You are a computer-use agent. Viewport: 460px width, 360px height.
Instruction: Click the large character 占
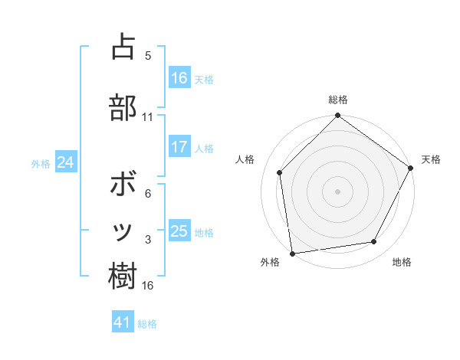click(x=123, y=47)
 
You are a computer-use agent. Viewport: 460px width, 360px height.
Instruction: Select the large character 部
click(x=123, y=107)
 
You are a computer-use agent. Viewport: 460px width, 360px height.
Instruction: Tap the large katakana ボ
click(x=123, y=185)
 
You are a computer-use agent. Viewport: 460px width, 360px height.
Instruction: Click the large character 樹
click(x=123, y=276)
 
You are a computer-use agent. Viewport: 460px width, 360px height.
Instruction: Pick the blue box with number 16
click(x=179, y=78)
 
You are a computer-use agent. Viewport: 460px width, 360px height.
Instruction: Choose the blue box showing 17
click(x=179, y=147)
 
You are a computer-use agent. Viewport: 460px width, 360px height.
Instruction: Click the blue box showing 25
click(x=179, y=231)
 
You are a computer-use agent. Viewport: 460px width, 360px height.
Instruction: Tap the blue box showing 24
click(x=65, y=162)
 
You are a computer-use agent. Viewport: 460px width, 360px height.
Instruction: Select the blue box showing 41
click(x=123, y=323)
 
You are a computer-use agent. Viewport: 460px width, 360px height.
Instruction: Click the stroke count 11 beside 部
click(x=147, y=117)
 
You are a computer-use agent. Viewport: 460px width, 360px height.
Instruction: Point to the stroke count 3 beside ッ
click(x=148, y=241)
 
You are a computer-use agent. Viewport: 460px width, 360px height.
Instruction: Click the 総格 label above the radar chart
click(x=338, y=100)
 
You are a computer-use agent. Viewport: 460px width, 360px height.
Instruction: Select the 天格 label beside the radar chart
click(x=431, y=159)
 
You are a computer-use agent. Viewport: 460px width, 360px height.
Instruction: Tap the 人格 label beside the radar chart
click(x=245, y=159)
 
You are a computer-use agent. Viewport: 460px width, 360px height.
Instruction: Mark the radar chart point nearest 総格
click(x=337, y=116)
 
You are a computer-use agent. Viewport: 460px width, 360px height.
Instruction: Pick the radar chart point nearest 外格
click(x=292, y=253)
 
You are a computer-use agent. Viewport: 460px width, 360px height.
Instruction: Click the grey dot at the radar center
click(x=337, y=191)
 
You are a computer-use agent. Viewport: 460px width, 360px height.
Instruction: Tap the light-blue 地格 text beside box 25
click(x=204, y=232)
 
